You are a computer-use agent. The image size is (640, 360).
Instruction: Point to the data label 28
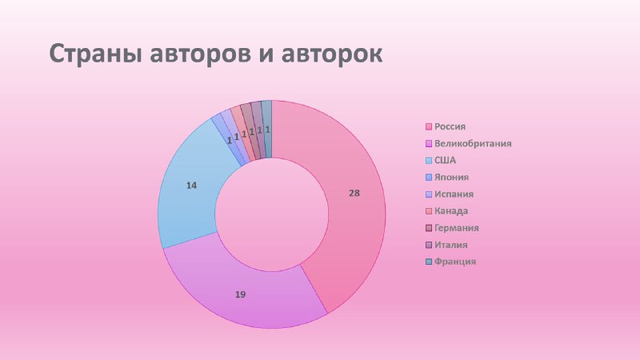pos(354,193)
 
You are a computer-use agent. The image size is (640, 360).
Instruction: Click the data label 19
pos(241,294)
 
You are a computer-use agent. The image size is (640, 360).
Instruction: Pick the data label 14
pos(191,186)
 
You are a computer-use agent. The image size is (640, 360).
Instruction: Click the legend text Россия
pos(450,126)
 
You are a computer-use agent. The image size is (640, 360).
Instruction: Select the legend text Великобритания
pos(473,144)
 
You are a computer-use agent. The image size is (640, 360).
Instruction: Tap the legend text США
pos(445,161)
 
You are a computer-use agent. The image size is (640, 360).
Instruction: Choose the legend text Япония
pos(451,177)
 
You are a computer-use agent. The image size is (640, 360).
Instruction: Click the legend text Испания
pos(454,194)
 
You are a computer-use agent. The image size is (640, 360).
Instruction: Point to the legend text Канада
pos(451,211)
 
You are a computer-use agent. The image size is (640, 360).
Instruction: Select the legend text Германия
pos(456,228)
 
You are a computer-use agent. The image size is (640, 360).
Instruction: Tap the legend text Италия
pos(450,245)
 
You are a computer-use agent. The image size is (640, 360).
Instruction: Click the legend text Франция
pos(455,262)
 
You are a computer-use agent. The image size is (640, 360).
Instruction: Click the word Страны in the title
pos(96,54)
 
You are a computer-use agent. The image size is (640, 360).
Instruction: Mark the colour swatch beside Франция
pos(429,262)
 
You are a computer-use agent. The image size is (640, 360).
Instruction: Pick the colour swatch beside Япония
pos(429,178)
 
